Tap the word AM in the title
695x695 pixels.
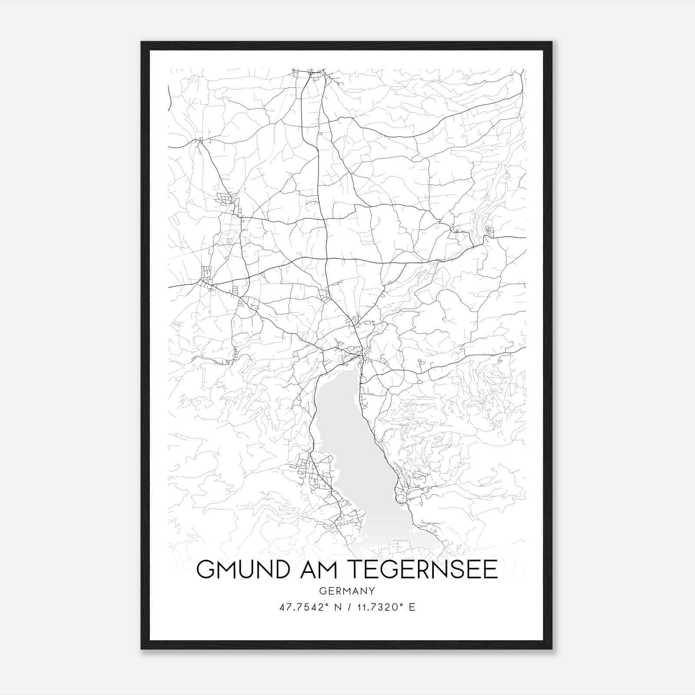[314, 569]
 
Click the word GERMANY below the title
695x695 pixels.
[347, 591]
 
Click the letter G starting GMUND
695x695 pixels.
[206, 569]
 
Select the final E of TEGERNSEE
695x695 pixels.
[490, 569]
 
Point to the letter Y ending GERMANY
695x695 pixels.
[372, 591]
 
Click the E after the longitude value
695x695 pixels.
[412, 607]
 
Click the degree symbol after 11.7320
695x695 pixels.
[401, 605]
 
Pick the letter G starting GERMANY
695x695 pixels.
[322, 591]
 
